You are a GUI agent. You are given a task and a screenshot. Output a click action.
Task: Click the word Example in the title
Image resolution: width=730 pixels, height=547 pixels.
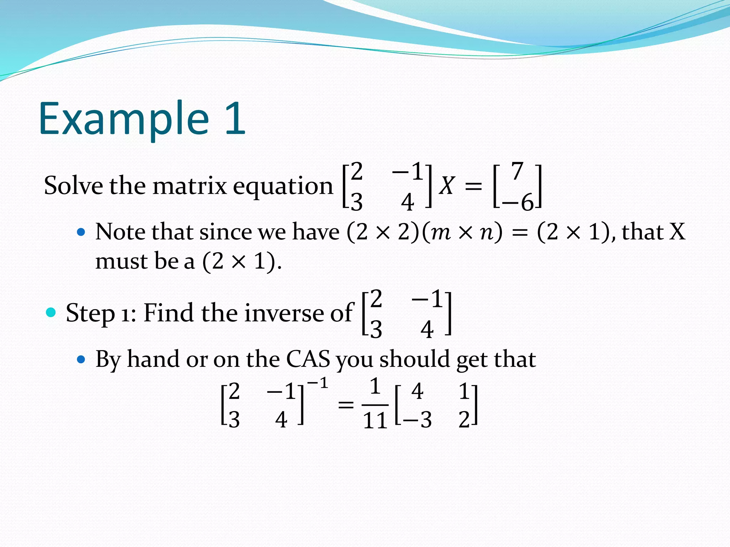click(x=123, y=119)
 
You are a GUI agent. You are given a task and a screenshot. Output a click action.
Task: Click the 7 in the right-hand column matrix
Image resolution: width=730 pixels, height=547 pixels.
click(x=517, y=171)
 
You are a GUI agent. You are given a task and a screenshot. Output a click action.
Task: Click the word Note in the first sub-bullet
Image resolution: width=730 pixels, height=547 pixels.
click(x=120, y=232)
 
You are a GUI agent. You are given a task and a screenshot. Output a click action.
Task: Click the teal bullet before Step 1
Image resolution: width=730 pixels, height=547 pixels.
click(x=51, y=313)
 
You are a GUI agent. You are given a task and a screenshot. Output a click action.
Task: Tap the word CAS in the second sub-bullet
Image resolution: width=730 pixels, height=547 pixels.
click(x=308, y=359)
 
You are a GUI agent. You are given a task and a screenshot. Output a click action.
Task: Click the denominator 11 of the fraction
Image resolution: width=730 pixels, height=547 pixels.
click(x=375, y=421)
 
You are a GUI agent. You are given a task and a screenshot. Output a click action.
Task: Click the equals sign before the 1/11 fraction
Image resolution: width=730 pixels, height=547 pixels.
click(x=346, y=405)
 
